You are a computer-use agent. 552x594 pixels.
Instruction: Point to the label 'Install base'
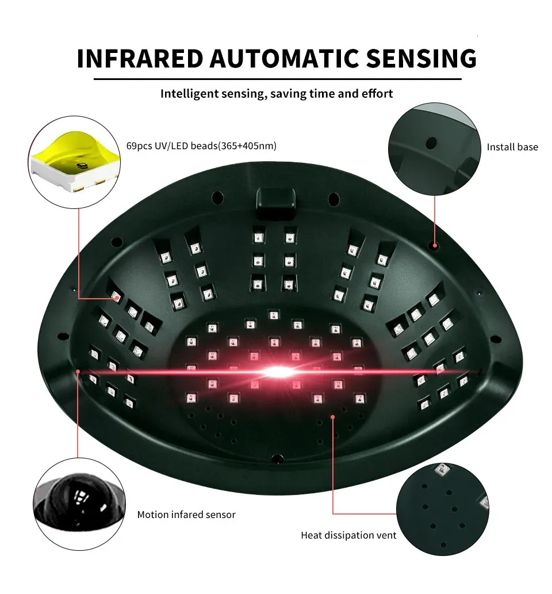[512, 147]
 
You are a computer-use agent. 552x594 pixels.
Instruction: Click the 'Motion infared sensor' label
[186, 515]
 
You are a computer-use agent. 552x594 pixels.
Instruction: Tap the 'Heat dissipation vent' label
[348, 535]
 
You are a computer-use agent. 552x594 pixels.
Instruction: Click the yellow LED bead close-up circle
[74, 162]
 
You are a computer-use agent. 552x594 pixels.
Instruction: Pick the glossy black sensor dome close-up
[79, 504]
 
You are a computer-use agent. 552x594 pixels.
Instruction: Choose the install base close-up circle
[434, 149]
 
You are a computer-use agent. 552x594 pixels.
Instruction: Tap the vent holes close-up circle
[443, 509]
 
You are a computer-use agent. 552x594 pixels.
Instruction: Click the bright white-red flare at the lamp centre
[278, 372]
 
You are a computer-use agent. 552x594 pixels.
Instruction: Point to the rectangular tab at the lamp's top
[276, 203]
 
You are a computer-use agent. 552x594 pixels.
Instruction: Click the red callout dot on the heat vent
[333, 417]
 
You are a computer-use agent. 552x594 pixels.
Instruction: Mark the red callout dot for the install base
[435, 245]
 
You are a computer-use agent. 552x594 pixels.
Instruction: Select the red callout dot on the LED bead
[117, 299]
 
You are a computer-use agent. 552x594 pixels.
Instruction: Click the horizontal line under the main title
[277, 79]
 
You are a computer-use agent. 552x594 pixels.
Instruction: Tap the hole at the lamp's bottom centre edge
[277, 459]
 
